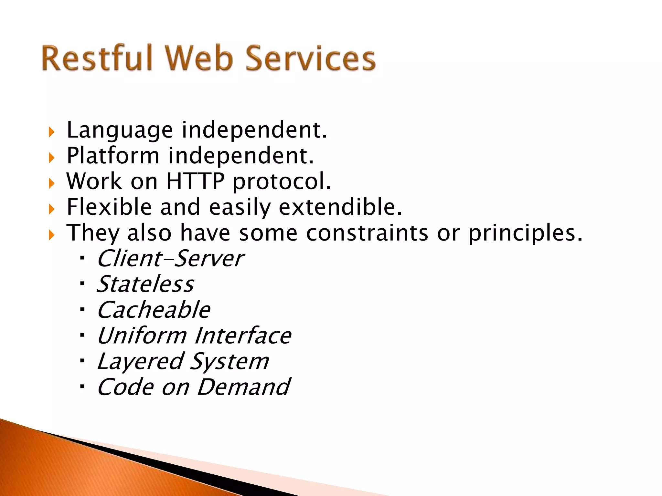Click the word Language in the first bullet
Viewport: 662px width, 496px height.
pyautogui.click(x=120, y=130)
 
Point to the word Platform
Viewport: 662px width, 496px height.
pyautogui.click(x=113, y=156)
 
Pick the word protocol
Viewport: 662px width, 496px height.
pyautogui.click(x=282, y=182)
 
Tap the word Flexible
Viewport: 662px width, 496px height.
pyautogui.click(x=109, y=207)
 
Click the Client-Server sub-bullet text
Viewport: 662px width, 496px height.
pyautogui.click(x=170, y=259)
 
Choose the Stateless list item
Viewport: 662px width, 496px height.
pyautogui.click(x=145, y=284)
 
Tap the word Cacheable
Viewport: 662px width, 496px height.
pyautogui.click(x=154, y=310)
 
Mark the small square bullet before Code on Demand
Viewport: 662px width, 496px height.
pyautogui.click(x=82, y=387)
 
